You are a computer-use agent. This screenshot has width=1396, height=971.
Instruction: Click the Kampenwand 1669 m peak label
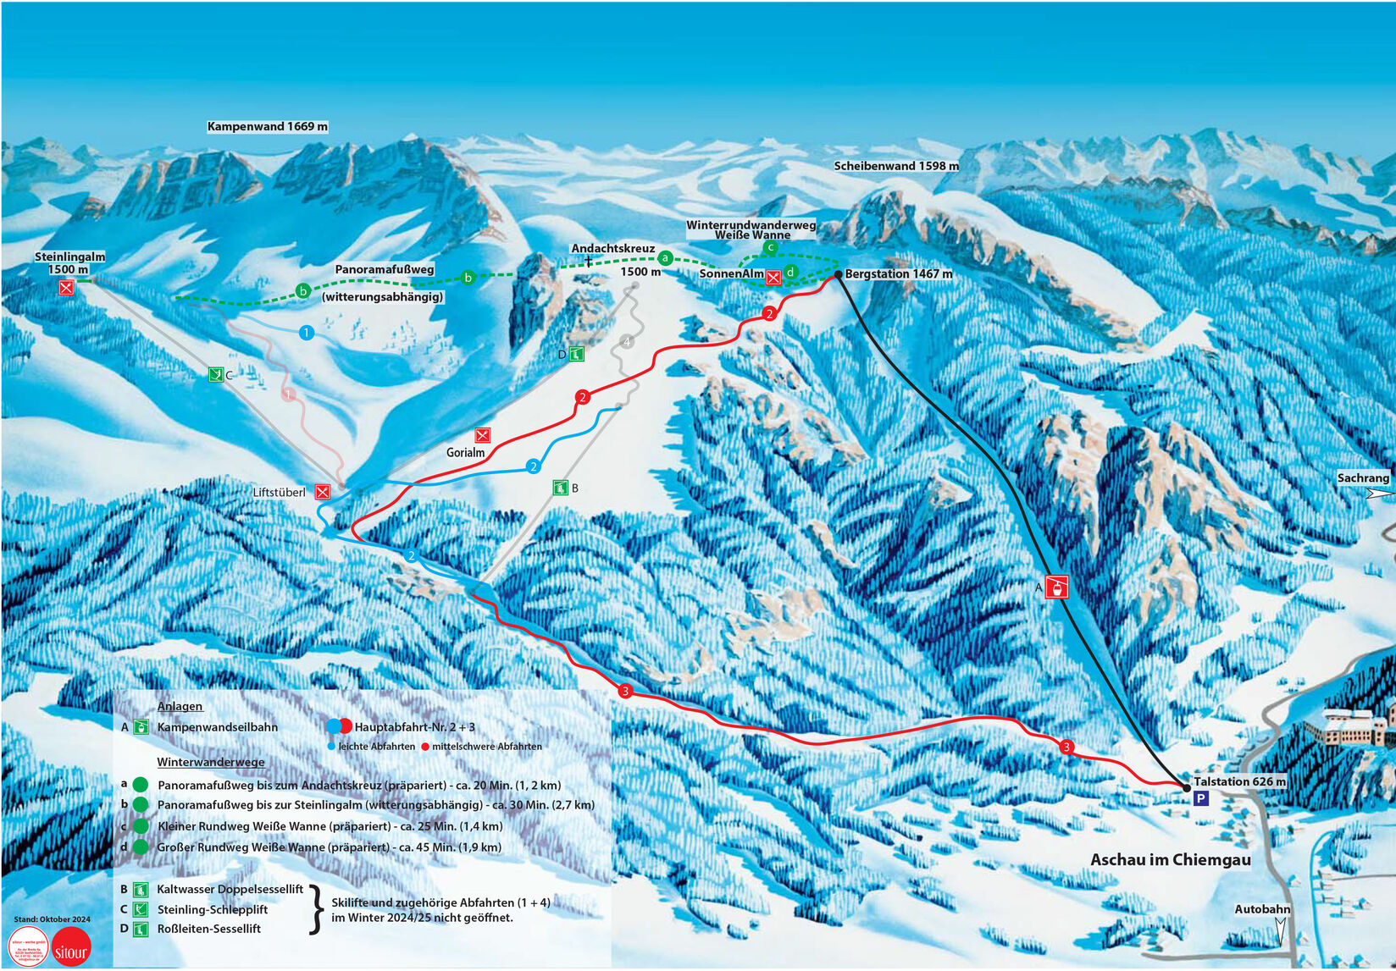point(267,126)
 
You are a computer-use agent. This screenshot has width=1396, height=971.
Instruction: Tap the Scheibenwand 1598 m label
point(895,166)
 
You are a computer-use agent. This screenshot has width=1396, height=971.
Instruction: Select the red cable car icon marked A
point(1056,587)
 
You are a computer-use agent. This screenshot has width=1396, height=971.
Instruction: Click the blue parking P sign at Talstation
point(1200,798)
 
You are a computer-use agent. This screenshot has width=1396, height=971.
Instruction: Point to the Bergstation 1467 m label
point(898,273)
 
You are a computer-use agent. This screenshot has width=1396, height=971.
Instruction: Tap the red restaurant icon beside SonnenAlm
point(773,278)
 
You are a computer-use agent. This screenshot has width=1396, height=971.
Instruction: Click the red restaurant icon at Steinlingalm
point(66,288)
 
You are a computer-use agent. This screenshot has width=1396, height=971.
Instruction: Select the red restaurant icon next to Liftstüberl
point(322,492)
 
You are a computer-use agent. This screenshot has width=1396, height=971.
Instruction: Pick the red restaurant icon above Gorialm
point(483,435)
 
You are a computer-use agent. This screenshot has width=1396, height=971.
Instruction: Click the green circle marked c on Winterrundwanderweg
point(770,247)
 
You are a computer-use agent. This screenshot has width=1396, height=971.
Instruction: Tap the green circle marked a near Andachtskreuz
point(665,258)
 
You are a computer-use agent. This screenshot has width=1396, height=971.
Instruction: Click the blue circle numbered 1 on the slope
point(307,333)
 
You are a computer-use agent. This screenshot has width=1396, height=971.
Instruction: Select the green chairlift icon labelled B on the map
point(560,488)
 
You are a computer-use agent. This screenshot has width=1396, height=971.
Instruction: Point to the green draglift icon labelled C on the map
point(216,373)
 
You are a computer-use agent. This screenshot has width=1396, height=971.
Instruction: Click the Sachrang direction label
point(1362,478)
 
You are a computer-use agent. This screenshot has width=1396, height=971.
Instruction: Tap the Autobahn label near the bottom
point(1261,909)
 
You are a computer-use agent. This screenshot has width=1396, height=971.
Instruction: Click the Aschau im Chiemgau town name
point(1170,859)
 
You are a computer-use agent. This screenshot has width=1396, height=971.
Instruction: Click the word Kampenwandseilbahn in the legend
point(217,727)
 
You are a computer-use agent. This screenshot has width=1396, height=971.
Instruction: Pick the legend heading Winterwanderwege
point(210,762)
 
